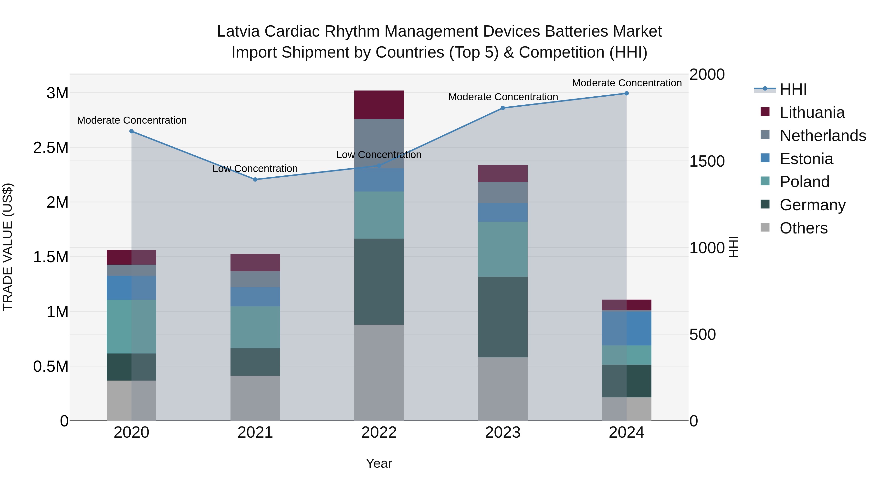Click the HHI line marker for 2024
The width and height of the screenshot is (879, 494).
click(x=627, y=93)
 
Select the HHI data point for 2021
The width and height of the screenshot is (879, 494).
click(x=255, y=179)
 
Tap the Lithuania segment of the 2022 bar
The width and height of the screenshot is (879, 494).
click(x=379, y=105)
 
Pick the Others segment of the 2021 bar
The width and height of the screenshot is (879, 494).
click(x=255, y=398)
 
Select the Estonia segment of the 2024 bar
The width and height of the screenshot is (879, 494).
click(x=627, y=328)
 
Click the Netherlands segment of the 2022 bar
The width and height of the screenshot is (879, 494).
click(x=379, y=143)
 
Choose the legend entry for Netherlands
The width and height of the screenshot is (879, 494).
click(x=822, y=136)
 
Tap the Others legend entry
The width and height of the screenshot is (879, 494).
click(x=803, y=228)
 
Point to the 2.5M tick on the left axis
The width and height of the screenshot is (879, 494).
click(x=51, y=148)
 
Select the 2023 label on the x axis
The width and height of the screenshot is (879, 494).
click(x=503, y=433)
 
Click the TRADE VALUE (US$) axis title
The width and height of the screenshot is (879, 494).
click(x=8, y=247)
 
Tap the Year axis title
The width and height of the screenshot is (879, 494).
click(x=379, y=463)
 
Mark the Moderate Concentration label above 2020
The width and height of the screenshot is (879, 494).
click(x=132, y=120)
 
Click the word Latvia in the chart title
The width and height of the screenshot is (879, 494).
click(x=238, y=31)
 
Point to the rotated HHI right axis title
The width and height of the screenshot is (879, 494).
click(x=734, y=247)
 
